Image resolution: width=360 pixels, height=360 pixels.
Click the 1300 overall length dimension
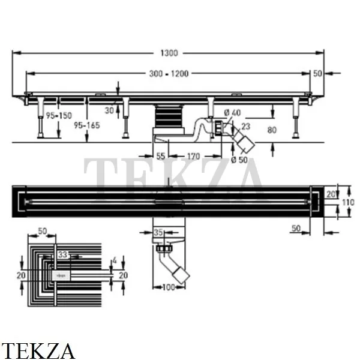tap(169, 53)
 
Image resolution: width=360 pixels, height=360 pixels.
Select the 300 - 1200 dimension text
tap(169, 74)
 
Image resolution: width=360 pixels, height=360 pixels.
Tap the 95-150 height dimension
tap(59, 115)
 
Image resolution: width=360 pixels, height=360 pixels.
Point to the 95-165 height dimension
tap(87, 125)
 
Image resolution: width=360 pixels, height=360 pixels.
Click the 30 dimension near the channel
tap(109, 110)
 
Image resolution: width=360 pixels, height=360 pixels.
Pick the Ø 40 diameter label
tap(232, 113)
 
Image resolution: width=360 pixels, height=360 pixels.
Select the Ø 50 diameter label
tap(239, 160)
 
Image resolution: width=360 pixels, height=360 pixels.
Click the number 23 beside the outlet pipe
tap(246, 126)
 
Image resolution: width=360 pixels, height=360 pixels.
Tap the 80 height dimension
tap(272, 130)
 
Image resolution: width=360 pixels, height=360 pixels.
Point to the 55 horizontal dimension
tap(160, 157)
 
